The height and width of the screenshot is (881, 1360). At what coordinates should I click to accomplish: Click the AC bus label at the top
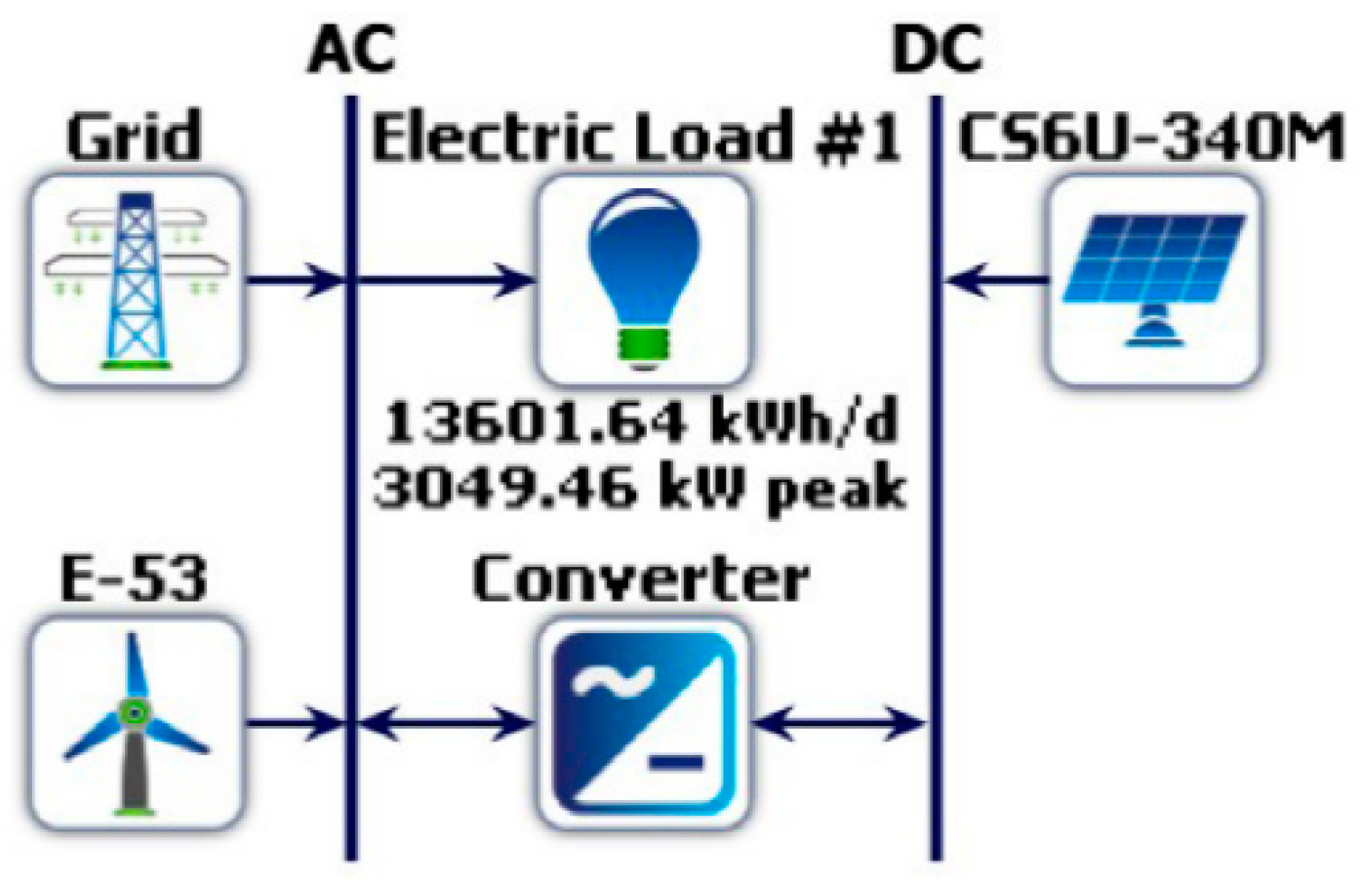(x=351, y=49)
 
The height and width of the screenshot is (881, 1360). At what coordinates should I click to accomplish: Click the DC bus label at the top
(x=937, y=49)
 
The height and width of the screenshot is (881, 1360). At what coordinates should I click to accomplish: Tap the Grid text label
(x=135, y=137)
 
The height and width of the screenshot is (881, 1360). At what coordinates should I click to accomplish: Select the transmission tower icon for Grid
(x=135, y=281)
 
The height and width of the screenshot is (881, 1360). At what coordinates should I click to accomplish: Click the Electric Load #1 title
(x=636, y=137)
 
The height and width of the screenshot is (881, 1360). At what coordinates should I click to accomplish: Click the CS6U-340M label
(x=1151, y=137)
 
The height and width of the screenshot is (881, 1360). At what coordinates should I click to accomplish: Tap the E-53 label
(x=135, y=579)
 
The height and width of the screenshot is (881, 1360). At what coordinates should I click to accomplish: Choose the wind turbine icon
(x=135, y=722)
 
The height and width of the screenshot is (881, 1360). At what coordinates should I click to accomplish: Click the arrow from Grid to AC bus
(x=293, y=281)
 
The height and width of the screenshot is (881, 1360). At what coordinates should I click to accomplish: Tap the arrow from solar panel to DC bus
(x=995, y=281)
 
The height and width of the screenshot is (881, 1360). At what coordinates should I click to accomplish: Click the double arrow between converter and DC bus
(x=839, y=723)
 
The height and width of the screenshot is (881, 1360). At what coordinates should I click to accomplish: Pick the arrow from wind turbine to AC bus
(x=293, y=723)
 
